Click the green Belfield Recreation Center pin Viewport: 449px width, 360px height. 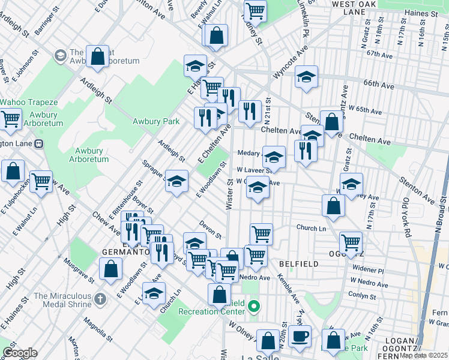[x=254, y=307]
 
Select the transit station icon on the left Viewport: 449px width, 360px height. [x=40, y=144]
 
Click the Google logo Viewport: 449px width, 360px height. [x=19, y=352]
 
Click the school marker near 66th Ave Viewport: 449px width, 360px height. [x=306, y=77]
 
